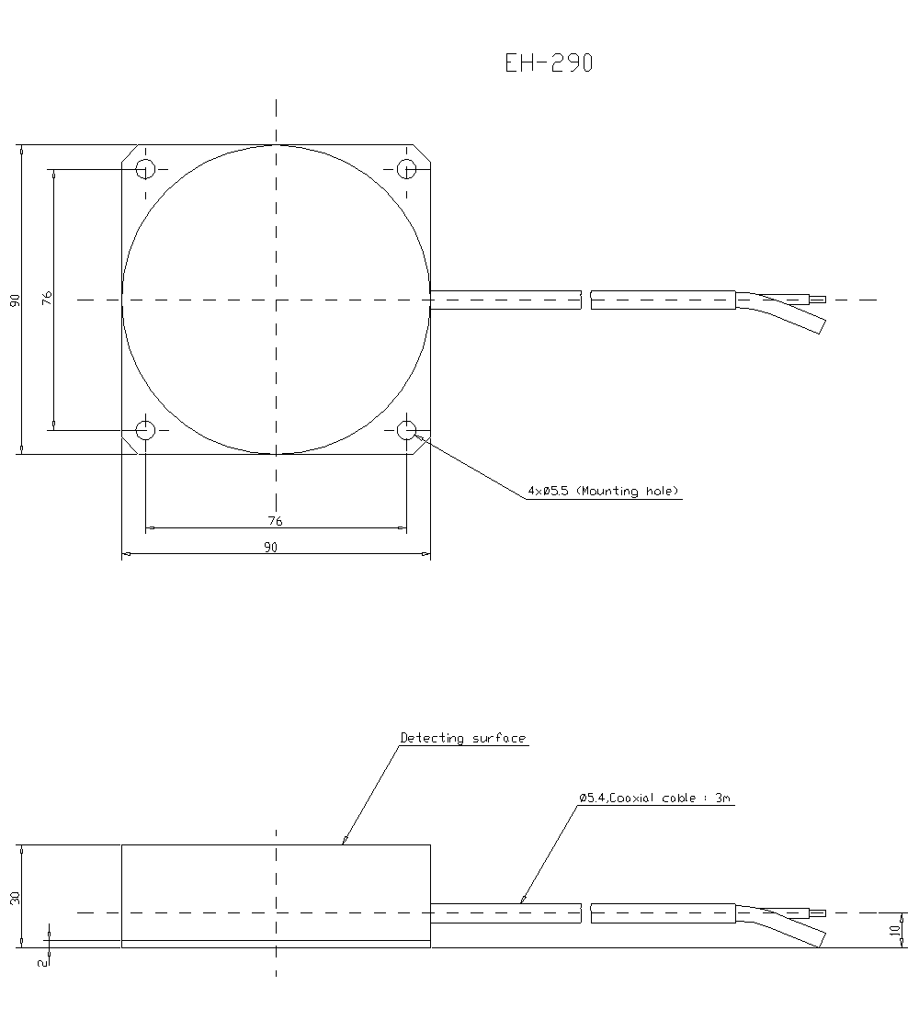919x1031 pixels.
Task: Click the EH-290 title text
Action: click(x=549, y=62)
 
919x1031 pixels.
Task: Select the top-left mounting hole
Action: click(x=145, y=169)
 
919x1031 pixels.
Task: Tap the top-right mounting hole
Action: click(x=406, y=169)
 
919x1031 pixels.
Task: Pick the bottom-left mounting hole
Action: click(x=145, y=429)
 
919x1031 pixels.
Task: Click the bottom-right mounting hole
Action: click(x=406, y=429)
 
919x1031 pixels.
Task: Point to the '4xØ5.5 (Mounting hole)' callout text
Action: click(x=603, y=492)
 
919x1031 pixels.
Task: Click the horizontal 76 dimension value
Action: click(x=275, y=521)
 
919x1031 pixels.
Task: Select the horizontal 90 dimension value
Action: click(x=270, y=547)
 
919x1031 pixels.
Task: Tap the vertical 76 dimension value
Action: click(x=47, y=298)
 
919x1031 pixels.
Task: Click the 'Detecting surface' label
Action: click(x=463, y=738)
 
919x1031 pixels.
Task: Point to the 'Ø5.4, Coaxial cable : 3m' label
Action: click(x=654, y=799)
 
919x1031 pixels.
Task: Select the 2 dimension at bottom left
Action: click(x=41, y=962)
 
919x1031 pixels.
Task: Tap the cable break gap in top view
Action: click(x=586, y=300)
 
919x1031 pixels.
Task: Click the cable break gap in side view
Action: click(x=586, y=913)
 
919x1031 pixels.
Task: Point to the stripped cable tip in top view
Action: click(x=816, y=299)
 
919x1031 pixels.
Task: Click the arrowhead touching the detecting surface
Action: click(x=344, y=840)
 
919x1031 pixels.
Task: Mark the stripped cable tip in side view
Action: click(x=816, y=912)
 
